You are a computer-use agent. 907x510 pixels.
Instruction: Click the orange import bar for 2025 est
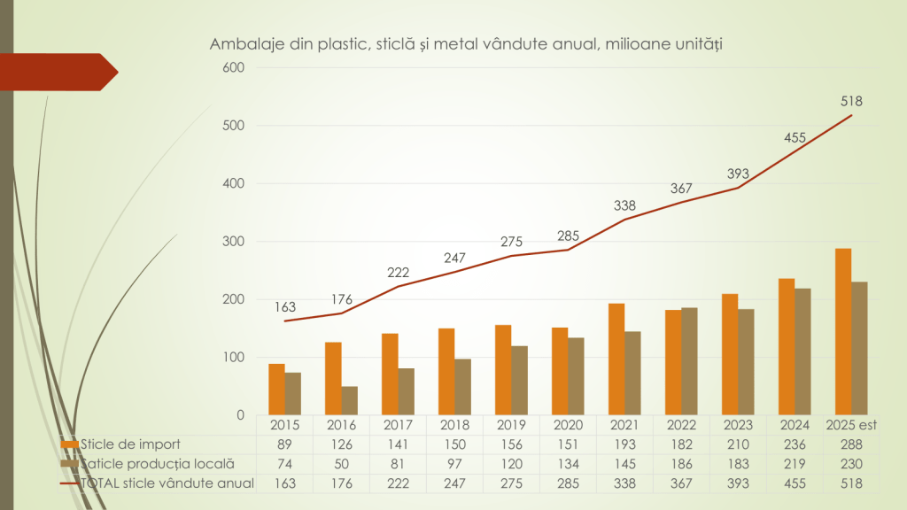click(x=843, y=332)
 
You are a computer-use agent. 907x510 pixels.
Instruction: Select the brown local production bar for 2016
click(x=350, y=400)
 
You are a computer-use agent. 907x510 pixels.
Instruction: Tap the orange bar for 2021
click(x=616, y=359)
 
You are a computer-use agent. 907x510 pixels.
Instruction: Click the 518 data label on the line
click(x=852, y=101)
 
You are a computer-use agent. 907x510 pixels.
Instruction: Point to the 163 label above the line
click(x=285, y=307)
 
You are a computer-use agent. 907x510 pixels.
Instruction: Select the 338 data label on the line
click(x=625, y=205)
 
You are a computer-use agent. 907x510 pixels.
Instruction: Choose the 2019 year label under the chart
click(x=511, y=425)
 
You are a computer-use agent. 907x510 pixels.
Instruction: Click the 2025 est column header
click(x=851, y=425)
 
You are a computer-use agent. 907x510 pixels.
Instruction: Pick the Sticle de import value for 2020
click(x=568, y=444)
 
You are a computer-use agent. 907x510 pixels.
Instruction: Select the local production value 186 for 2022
click(x=681, y=463)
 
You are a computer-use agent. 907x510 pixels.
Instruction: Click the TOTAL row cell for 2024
click(x=795, y=483)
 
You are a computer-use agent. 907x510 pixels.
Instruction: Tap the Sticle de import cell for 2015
click(x=284, y=444)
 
